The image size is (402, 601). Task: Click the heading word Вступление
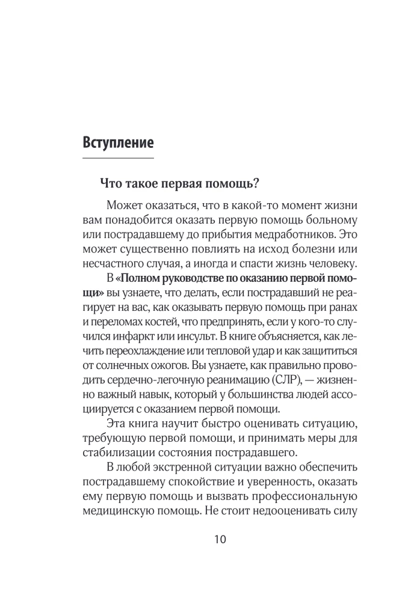tap(117, 144)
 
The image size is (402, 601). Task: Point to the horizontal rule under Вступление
tap(117, 158)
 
